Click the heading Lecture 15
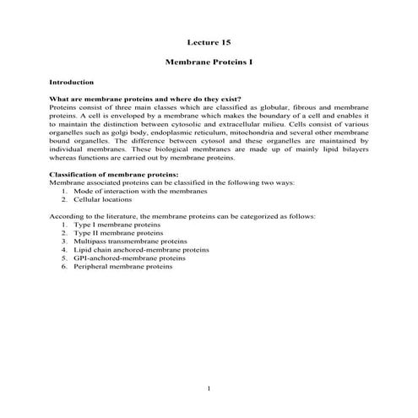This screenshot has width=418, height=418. (x=209, y=42)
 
